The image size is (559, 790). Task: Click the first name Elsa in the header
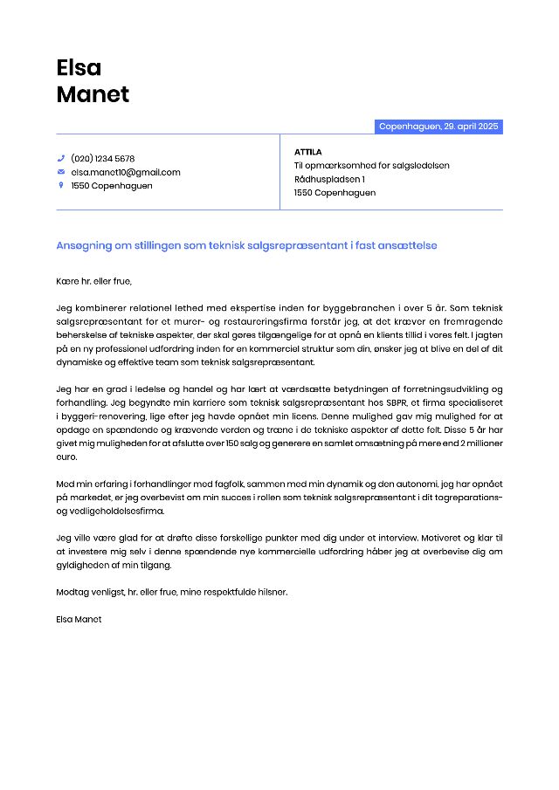[x=79, y=67]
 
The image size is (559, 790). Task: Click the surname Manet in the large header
[x=93, y=94]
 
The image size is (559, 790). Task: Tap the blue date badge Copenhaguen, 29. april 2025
[x=438, y=127]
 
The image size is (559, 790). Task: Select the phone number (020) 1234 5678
[x=103, y=158]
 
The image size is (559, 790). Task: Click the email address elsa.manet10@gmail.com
[x=126, y=172]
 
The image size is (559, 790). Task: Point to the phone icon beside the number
[x=61, y=158]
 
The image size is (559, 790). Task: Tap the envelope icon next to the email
[x=61, y=172]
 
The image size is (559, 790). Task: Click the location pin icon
[x=61, y=185]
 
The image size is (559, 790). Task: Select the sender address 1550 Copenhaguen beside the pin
[x=112, y=185]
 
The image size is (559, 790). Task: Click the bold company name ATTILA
[x=308, y=152]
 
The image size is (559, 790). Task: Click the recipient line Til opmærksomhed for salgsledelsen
[x=371, y=165]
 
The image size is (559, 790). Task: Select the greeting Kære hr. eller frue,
[x=93, y=281]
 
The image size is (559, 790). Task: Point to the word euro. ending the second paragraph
[x=66, y=456]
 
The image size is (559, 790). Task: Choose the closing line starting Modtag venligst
[x=171, y=591]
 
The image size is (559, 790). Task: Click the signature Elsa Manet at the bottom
[x=79, y=618]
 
